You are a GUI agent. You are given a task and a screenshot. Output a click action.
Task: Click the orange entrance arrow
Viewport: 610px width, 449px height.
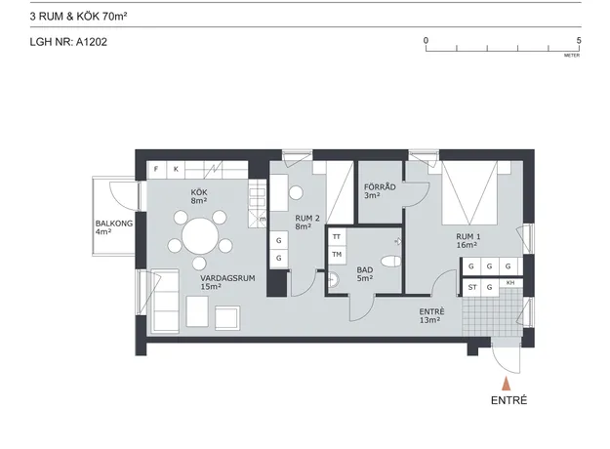point(506,384)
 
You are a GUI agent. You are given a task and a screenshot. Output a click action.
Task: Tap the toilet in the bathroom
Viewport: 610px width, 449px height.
point(391,262)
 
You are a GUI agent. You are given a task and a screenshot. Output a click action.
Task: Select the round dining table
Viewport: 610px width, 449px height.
point(200,236)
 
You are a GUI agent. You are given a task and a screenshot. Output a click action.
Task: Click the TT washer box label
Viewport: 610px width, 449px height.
point(337,236)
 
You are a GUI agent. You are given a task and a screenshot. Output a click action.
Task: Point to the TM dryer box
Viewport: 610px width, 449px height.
point(337,255)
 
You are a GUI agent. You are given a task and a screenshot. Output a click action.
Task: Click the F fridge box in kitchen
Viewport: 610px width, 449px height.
point(156,170)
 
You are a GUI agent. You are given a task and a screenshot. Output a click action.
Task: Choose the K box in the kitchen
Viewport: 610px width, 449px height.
point(176,170)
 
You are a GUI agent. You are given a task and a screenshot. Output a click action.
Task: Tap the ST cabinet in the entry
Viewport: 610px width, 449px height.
point(471,288)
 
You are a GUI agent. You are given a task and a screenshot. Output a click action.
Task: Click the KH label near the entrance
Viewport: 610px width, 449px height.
point(510,283)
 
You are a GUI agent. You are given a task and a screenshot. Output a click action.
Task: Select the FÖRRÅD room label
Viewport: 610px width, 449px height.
point(380,187)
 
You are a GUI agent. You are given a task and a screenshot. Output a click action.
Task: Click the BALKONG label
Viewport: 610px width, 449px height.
point(114,224)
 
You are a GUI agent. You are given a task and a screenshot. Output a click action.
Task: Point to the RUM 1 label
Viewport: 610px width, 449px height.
point(468,236)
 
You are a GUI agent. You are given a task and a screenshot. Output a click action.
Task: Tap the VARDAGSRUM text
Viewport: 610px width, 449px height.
point(227,278)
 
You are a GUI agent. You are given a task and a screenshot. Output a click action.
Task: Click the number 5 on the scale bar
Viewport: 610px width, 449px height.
point(579,40)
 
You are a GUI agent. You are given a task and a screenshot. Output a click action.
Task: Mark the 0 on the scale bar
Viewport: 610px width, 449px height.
point(426,40)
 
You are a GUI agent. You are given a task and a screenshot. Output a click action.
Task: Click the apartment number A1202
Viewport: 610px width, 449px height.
point(92,42)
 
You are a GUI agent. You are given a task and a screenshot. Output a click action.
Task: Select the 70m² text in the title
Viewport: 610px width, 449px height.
point(115,17)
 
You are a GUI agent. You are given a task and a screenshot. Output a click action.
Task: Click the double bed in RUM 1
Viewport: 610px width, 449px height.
point(470,193)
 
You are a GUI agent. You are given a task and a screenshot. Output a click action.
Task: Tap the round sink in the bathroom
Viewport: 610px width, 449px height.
point(333,279)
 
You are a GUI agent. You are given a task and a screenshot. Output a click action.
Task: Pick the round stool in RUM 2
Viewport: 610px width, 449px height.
point(296,193)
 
